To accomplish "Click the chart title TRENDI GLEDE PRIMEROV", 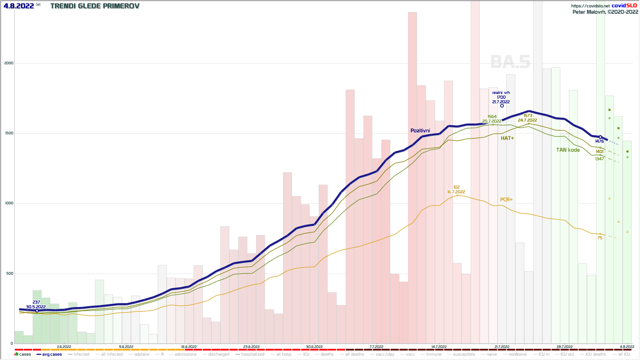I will [x=95, y=6].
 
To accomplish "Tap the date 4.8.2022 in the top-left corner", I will [x=19, y=6].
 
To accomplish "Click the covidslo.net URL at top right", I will [x=590, y=6].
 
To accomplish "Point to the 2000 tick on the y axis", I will [x=9, y=63].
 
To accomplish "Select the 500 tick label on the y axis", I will [x=9, y=273].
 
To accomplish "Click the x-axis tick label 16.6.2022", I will [x=189, y=347].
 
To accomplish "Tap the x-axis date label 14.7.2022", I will [x=439, y=347].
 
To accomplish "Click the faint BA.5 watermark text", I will [x=510, y=62].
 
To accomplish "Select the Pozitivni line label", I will [x=420, y=131].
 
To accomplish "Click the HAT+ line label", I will [x=507, y=138].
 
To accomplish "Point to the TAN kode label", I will [x=568, y=150].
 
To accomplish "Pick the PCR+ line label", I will [x=506, y=199].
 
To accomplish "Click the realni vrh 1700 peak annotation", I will [x=501, y=97].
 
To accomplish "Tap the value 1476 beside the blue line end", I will [x=599, y=141].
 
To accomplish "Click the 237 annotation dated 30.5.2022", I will [x=36, y=305].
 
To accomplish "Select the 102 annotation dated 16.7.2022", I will [x=456, y=190].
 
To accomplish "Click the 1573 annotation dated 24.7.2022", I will [x=528, y=118].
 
